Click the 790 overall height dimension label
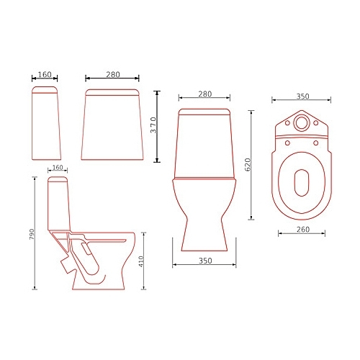pyautogui.click(x=32, y=234)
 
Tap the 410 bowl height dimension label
pyautogui.click(x=141, y=261)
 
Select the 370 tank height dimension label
pyautogui.click(x=153, y=125)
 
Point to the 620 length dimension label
pyautogui.click(x=248, y=165)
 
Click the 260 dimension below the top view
pyautogui.click(x=303, y=230)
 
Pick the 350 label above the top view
pyautogui.click(x=302, y=96)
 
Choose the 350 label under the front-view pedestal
pyautogui.click(x=205, y=261)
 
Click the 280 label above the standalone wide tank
pyautogui.click(x=113, y=75)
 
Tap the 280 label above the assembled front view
pyautogui.click(x=205, y=94)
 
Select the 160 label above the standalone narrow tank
pyautogui.click(x=45, y=74)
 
